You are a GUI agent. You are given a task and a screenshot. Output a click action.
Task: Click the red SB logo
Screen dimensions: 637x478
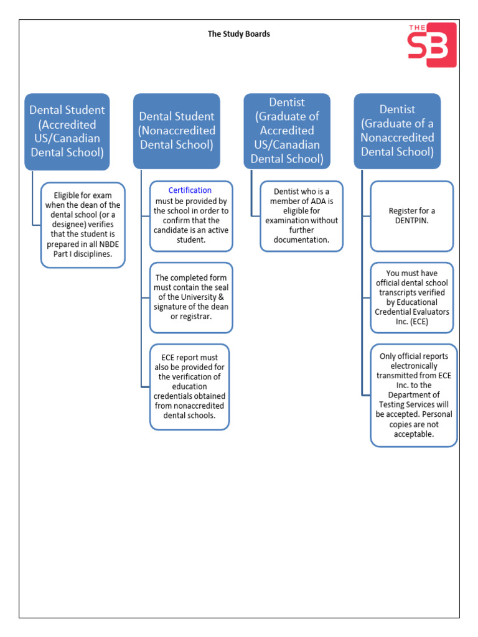coord(431,44)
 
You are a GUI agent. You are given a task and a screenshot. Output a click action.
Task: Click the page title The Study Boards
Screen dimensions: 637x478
coord(239,34)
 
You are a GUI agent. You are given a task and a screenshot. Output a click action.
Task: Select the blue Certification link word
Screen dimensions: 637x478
coord(190,190)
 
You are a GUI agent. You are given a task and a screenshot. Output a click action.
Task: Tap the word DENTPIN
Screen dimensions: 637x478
coord(412,220)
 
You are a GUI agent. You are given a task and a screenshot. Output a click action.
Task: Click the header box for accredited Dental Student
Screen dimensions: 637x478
coord(67,131)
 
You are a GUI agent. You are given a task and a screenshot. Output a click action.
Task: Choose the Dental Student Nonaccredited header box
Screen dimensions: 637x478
coord(177,131)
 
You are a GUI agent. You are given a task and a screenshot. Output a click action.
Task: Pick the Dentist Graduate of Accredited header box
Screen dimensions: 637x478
coord(287,131)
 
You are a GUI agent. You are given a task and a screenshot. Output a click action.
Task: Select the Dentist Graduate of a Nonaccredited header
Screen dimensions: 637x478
coord(397,131)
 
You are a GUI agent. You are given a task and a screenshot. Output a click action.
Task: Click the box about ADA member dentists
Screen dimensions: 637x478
coord(301,215)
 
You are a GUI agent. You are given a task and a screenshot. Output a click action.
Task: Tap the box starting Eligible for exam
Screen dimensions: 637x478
coord(83,225)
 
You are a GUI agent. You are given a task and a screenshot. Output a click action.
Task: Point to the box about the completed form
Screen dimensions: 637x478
coord(191,297)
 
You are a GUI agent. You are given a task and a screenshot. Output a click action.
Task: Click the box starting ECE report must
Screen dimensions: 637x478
coord(190,386)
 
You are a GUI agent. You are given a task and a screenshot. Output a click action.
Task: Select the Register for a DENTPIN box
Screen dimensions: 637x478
coord(412,215)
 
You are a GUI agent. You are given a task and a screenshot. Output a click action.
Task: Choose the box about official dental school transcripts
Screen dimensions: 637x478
coord(412,297)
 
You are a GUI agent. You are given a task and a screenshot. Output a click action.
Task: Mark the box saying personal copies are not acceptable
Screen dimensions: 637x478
coord(414,395)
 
